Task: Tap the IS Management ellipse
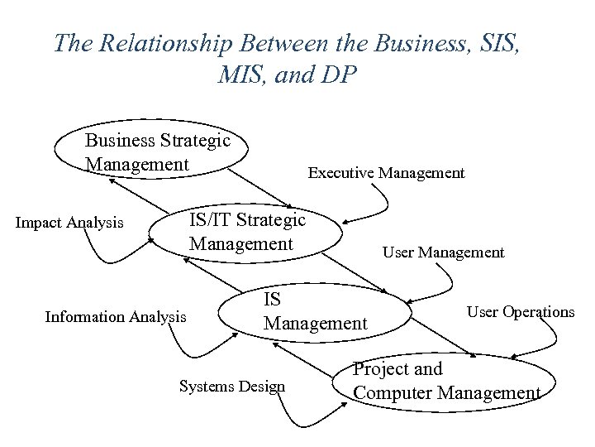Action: click(314, 310)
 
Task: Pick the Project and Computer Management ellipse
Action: click(446, 382)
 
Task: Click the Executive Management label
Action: click(386, 173)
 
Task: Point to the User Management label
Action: click(443, 252)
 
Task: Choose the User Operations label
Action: click(521, 312)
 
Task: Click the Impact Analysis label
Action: click(70, 223)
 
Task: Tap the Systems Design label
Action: click(231, 386)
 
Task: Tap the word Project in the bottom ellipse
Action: click(381, 369)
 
